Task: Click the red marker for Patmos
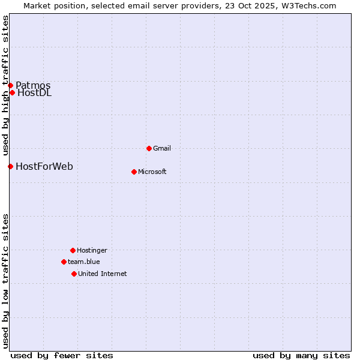[10, 85]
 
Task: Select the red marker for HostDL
[12, 92]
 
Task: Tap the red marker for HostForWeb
[10, 166]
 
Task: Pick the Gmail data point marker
[149, 148]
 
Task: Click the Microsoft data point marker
[134, 172]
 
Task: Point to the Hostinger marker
[73, 250]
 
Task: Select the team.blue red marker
[64, 262]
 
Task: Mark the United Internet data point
[74, 274]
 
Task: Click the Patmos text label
[33, 85]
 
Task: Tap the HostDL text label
[34, 92]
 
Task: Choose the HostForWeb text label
[44, 166]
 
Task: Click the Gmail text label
[162, 148]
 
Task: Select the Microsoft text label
[152, 172]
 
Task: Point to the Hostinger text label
[92, 250]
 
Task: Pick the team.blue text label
[84, 262]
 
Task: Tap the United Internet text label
[103, 274]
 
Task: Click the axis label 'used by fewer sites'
[62, 355]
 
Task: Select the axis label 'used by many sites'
[301, 355]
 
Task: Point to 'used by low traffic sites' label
[5, 280]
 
